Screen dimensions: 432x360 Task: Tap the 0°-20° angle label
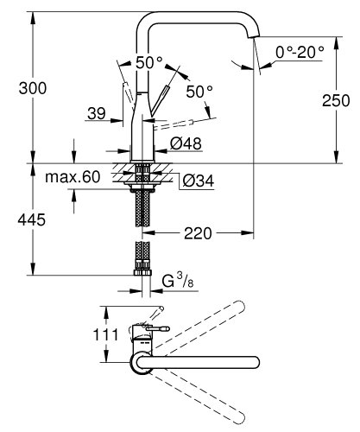pyautogui.click(x=300, y=52)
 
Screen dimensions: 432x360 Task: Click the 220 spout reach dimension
pyautogui.click(x=199, y=233)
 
